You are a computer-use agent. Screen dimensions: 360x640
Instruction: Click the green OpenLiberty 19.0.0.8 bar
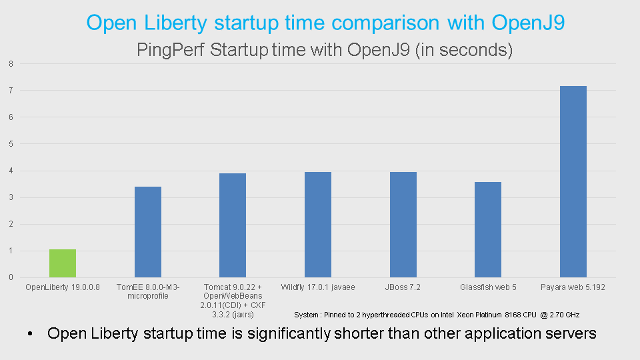(63, 263)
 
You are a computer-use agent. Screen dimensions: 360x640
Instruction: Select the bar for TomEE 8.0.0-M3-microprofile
(148, 232)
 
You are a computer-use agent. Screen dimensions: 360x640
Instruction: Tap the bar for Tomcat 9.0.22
(233, 225)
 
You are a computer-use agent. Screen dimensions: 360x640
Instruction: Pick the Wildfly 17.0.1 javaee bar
(318, 225)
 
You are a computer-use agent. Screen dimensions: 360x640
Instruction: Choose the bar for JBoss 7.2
(403, 225)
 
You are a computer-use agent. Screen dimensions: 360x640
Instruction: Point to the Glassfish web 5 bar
(488, 229)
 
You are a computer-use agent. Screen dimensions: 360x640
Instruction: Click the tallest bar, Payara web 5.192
(573, 181)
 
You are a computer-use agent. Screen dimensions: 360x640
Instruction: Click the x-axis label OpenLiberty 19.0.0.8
(63, 287)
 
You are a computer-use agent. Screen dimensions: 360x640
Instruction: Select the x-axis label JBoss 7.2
(403, 287)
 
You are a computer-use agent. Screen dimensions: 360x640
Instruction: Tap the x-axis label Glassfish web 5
(488, 287)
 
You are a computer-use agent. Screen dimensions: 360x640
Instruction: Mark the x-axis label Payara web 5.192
(573, 287)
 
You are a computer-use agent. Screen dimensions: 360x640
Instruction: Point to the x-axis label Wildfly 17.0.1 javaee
(318, 287)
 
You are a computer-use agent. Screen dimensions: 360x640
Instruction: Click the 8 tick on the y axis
(11, 64)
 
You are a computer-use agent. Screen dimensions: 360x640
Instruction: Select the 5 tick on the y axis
(11, 144)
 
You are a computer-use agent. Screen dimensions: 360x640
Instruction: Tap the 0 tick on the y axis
(11, 277)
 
